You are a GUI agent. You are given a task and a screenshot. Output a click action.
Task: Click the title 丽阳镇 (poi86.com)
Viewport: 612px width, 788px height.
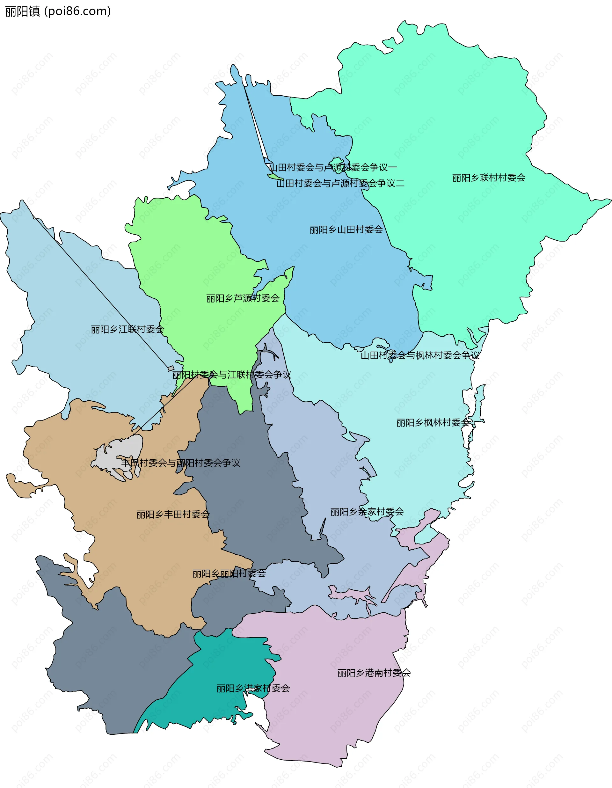(58, 11)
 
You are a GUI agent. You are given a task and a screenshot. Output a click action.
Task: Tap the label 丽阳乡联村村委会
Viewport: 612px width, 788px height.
(489, 178)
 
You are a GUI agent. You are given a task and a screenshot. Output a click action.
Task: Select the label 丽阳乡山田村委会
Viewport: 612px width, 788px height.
(346, 230)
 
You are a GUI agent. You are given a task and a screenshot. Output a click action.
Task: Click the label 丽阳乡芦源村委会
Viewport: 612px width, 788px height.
(243, 298)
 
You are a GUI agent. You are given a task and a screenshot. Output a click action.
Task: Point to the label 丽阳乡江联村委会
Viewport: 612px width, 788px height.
(127, 329)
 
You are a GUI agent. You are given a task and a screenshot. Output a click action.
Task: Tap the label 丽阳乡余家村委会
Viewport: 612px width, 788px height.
(367, 512)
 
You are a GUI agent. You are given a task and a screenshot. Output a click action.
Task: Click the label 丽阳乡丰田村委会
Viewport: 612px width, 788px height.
(173, 514)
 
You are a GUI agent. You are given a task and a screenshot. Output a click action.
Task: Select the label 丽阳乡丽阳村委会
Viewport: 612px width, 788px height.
(229, 573)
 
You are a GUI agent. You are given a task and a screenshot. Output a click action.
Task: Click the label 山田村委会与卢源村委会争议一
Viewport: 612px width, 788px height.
(333, 167)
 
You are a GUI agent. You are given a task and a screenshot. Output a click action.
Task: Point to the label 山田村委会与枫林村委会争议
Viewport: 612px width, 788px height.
(420, 355)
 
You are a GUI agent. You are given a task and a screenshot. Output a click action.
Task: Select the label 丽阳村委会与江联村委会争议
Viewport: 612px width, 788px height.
(232, 375)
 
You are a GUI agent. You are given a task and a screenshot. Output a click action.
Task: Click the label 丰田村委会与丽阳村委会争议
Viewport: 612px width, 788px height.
(180, 463)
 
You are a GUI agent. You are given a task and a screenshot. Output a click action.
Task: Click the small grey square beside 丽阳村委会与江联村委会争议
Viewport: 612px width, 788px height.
(171, 368)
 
